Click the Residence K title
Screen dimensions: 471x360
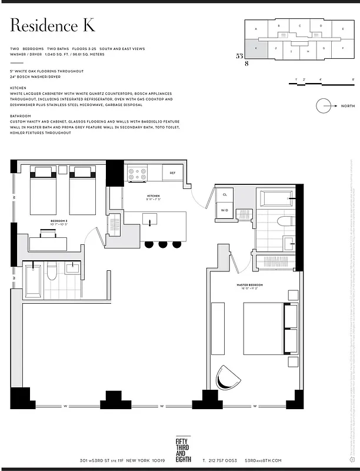pos(52,26)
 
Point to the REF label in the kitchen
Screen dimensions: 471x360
pos(172,173)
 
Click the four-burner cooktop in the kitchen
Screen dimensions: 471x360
pos(137,174)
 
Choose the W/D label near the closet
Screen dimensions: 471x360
pos(224,210)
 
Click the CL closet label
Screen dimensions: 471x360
pos(224,194)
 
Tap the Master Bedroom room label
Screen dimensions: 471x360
pos(251,285)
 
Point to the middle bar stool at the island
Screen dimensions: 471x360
pos(162,244)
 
